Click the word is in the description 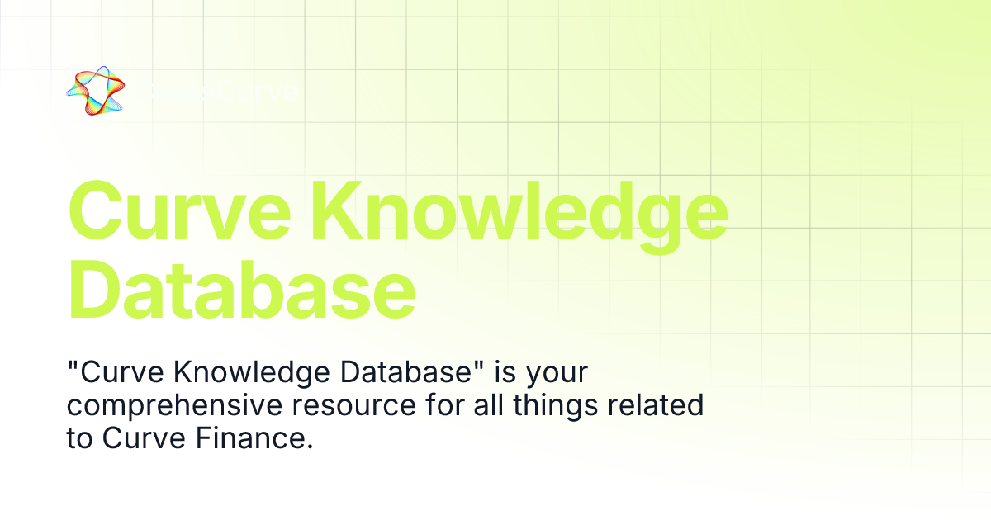coord(505,373)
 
